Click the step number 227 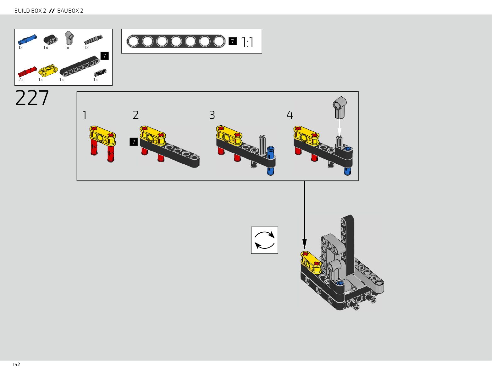[x=32, y=98]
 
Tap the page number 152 [x=16, y=365]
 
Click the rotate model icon [x=264, y=240]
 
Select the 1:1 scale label [x=247, y=42]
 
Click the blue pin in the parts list [x=27, y=39]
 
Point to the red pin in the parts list [x=27, y=71]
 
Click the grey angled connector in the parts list [x=69, y=38]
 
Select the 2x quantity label [x=21, y=80]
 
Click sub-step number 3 [x=212, y=115]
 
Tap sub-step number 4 [x=290, y=115]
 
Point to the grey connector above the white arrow [x=340, y=107]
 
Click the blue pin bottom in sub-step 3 [x=270, y=171]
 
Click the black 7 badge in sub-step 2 [x=134, y=142]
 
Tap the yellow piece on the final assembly [x=311, y=261]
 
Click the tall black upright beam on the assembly [x=348, y=242]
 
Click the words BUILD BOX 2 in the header [x=30, y=11]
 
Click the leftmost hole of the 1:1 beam [x=133, y=41]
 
